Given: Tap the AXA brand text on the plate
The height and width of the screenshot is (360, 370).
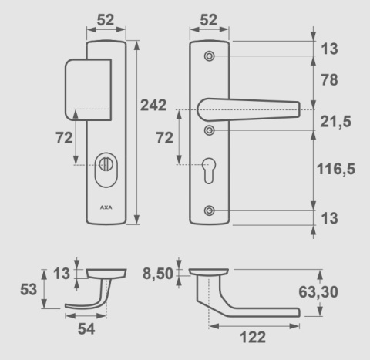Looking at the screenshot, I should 105,208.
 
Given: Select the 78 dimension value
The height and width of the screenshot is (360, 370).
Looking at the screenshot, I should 329,80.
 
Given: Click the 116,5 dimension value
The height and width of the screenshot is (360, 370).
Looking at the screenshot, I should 336,169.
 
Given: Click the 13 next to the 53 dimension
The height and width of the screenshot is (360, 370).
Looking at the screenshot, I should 61,272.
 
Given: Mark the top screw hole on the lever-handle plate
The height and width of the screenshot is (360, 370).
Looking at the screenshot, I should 210,57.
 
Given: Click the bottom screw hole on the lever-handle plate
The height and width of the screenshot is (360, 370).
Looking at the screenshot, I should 210,210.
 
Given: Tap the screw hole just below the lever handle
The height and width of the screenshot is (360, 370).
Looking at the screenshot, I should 210,131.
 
